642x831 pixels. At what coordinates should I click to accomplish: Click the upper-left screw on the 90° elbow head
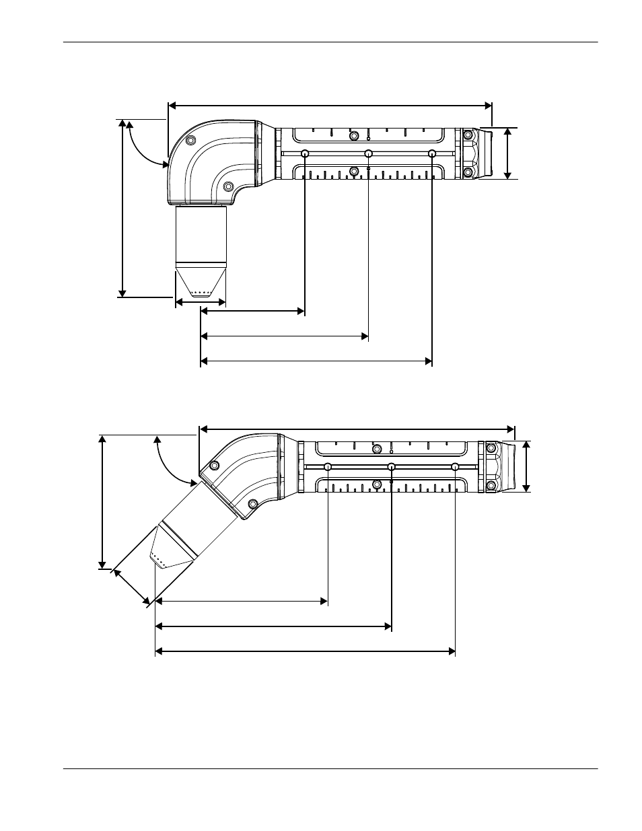coord(190,139)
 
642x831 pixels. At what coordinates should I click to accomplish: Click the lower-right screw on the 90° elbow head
coord(228,186)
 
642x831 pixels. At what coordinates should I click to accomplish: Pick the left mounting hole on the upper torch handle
coord(306,153)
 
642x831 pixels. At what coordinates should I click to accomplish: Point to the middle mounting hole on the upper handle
coord(369,153)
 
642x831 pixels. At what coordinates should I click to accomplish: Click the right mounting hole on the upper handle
coord(432,153)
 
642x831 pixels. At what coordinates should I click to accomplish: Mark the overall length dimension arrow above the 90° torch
coord(330,105)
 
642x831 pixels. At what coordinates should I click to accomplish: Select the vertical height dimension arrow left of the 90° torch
coord(122,208)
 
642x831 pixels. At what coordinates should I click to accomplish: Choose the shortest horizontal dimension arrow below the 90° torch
coord(252,311)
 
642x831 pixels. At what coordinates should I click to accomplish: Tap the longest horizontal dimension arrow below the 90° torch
coord(316,361)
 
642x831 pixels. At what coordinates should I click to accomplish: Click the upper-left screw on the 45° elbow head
coord(214,466)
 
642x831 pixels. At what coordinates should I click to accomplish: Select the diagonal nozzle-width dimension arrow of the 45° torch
coord(131,586)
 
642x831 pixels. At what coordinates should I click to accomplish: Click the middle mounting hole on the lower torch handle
coord(392,467)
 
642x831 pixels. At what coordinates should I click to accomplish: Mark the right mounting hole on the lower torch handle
coord(456,467)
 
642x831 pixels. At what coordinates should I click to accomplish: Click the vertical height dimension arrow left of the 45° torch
coord(102,501)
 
